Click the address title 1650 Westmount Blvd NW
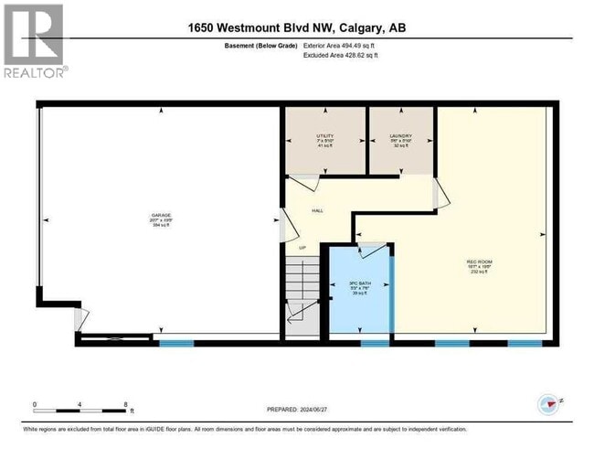point(297,28)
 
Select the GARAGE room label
point(162,217)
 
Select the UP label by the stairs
point(302,247)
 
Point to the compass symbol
point(546,403)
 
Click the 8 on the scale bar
point(126,403)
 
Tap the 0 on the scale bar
point(34,403)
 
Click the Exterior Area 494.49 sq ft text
point(354,44)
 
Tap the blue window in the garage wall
point(175,343)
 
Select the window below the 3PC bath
point(373,343)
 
